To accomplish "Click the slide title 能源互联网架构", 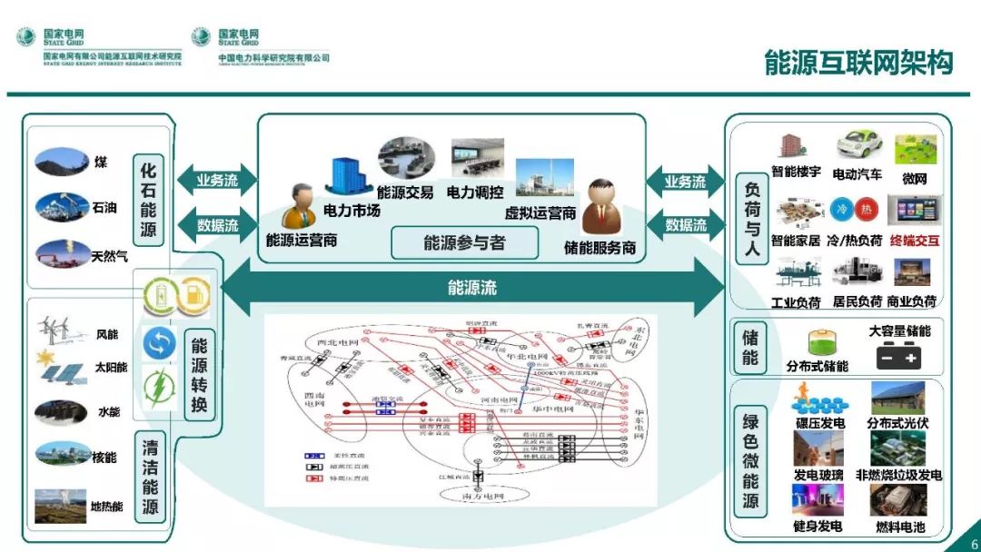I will pyautogui.click(x=858, y=63).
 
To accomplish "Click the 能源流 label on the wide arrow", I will pyautogui.click(x=472, y=289).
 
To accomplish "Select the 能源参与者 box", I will pyautogui.click(x=464, y=243).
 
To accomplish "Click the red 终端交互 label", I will pyautogui.click(x=915, y=241).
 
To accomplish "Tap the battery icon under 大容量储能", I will pyautogui.click(x=898, y=358).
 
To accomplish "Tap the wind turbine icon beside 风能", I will pyautogui.click(x=60, y=330).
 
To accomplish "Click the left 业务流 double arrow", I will pyautogui.click(x=218, y=181).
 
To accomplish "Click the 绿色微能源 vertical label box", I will pyautogui.click(x=750, y=463).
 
